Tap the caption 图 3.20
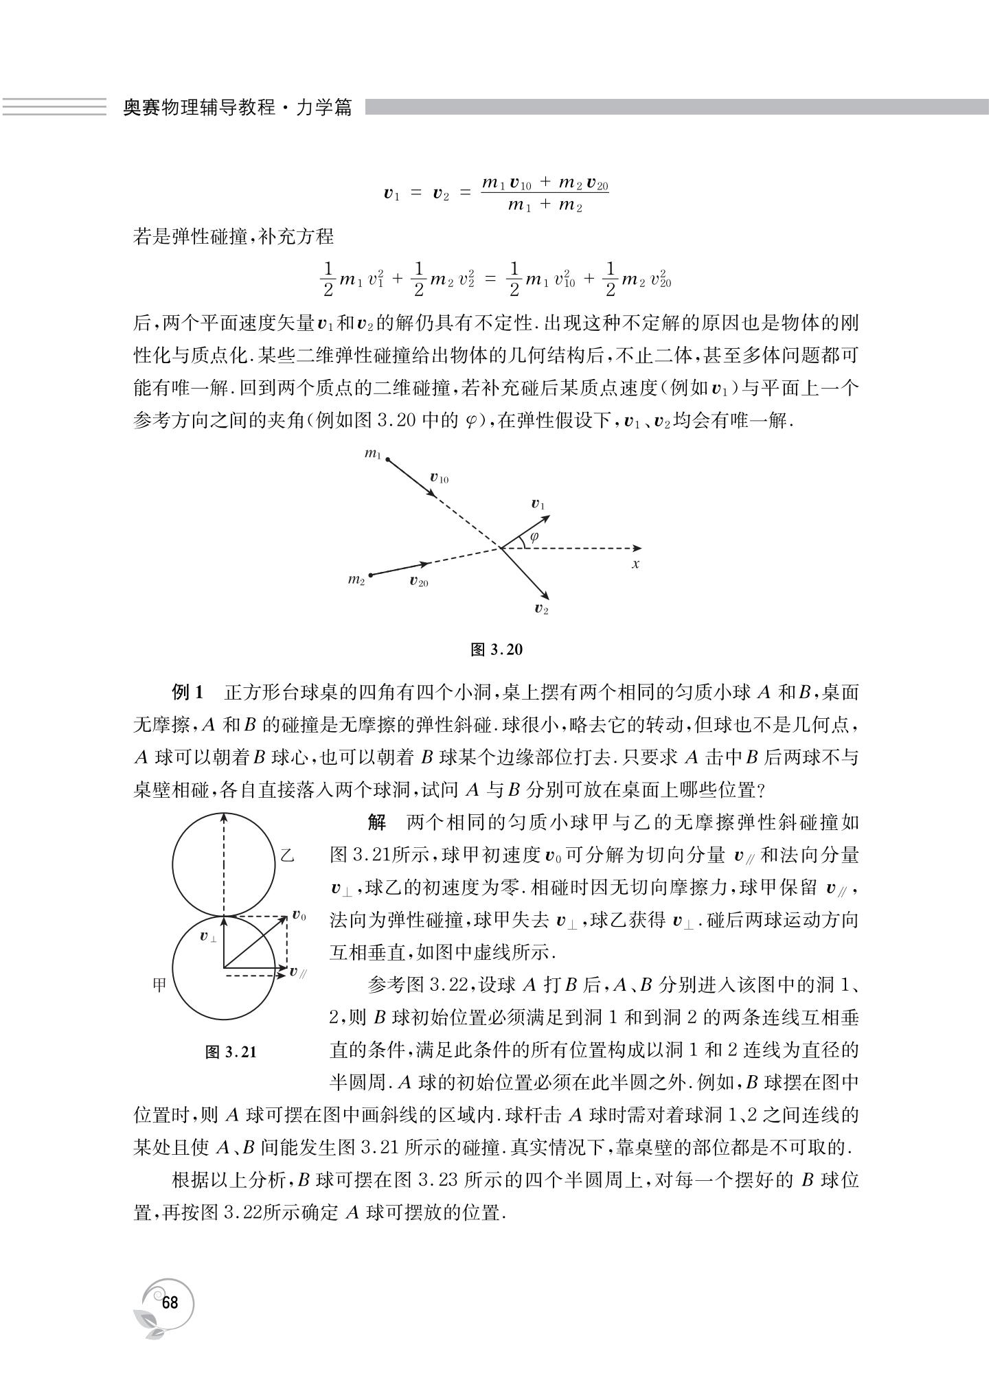pyautogui.click(x=497, y=649)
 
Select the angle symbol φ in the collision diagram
pyautogui.click(x=534, y=536)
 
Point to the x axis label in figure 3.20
pyautogui.click(x=636, y=564)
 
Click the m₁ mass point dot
pyautogui.click(x=387, y=459)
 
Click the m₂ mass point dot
pyautogui.click(x=371, y=574)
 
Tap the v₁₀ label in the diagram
pyautogui.click(x=439, y=478)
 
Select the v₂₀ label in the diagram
pyautogui.click(x=418, y=582)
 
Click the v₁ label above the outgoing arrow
pyautogui.click(x=538, y=505)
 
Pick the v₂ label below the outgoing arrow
pyautogui.click(x=541, y=608)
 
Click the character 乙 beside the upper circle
pyautogui.click(x=288, y=855)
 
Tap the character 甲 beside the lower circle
pyautogui.click(x=160, y=985)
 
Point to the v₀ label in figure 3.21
pyautogui.click(x=299, y=915)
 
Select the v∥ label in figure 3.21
pyautogui.click(x=297, y=971)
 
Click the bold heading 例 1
pyautogui.click(x=188, y=693)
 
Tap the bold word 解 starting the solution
pyautogui.click(x=376, y=822)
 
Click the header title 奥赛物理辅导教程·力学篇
pyautogui.click(x=237, y=108)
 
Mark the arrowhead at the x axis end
pyautogui.click(x=638, y=548)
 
